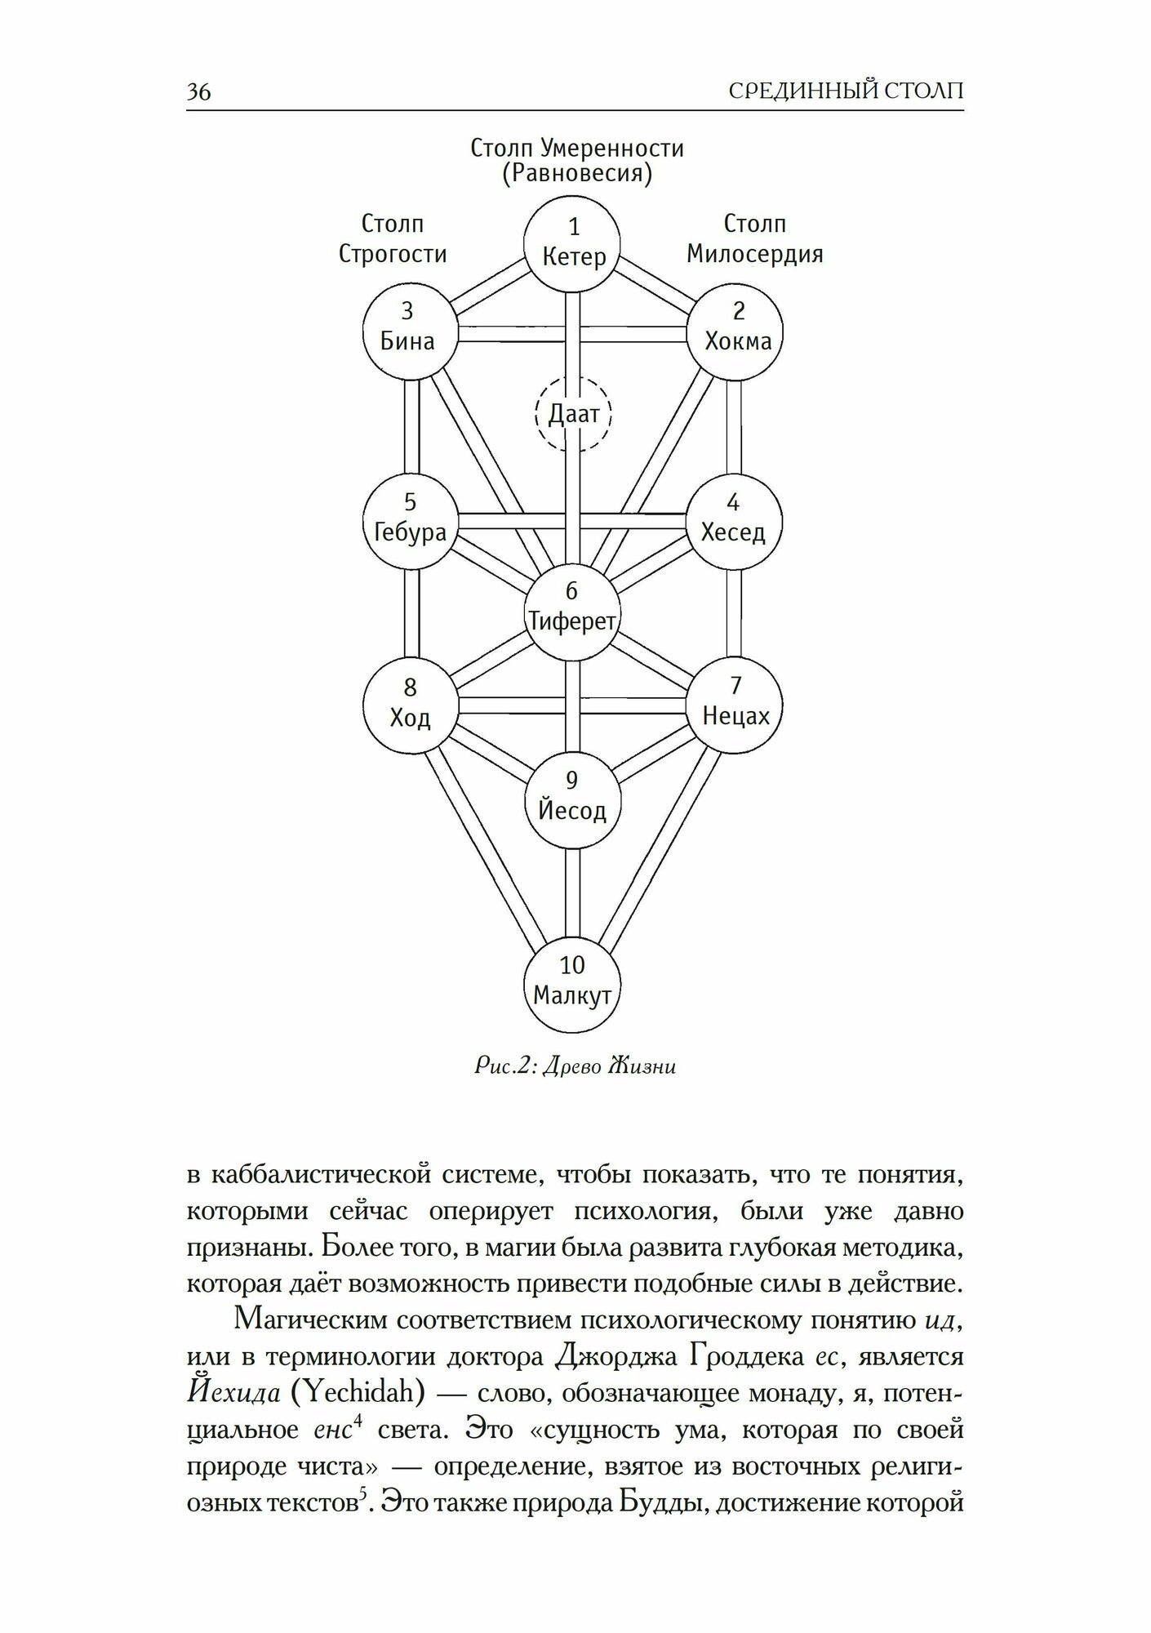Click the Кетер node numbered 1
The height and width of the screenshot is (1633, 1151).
572,243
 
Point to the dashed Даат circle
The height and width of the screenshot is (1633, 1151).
573,414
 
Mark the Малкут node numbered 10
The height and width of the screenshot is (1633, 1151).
572,983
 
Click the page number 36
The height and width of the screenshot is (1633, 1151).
198,91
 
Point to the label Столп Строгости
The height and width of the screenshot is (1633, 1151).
393,239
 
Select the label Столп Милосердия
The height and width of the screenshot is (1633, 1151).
754,239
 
